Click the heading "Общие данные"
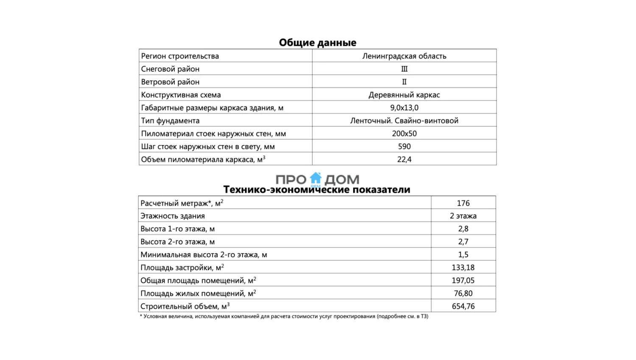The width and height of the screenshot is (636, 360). (x=318, y=42)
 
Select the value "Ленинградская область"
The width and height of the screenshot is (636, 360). (x=404, y=56)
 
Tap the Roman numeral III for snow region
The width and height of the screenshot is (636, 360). (x=404, y=69)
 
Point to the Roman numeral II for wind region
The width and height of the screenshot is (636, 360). (x=404, y=82)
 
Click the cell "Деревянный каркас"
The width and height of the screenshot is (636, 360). (x=404, y=95)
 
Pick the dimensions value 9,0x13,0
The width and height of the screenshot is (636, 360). (x=404, y=108)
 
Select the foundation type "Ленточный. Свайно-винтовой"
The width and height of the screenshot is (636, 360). (x=404, y=121)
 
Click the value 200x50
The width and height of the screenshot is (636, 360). (x=404, y=134)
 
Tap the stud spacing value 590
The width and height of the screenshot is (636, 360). (x=404, y=147)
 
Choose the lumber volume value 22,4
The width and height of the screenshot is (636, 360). (x=404, y=159)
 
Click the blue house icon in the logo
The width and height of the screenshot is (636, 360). (x=316, y=178)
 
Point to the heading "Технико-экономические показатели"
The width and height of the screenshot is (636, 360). (x=317, y=190)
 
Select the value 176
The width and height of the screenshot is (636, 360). (x=463, y=203)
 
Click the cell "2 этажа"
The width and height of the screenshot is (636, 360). (x=463, y=216)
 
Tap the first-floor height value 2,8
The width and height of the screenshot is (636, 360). (x=463, y=229)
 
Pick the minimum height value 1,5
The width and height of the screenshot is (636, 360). (x=463, y=255)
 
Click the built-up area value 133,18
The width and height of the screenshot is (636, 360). (x=463, y=268)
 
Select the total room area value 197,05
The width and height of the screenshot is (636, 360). (x=463, y=281)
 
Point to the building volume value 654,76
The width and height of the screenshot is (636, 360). (x=463, y=306)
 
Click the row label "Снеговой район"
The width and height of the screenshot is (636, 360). (x=170, y=69)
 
